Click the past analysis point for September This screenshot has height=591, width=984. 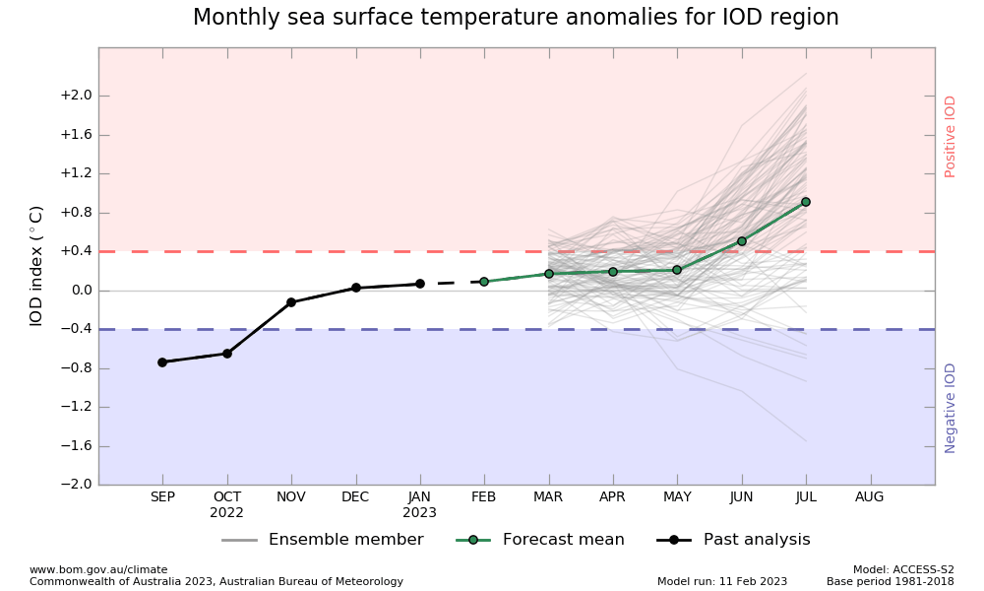pos(162,362)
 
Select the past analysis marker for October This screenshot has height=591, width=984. pos(227,354)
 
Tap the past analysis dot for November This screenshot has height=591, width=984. pos(291,302)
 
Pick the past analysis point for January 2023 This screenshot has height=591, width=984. pos(420,284)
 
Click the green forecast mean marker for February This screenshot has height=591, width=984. pos(484,282)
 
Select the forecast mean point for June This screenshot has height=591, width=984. pos(742,241)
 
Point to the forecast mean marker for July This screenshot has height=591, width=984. pos(806,202)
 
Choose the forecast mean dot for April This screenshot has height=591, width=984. pos(613,272)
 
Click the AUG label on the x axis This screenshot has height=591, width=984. pos(870,497)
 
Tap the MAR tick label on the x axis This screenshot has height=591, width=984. pos(548,497)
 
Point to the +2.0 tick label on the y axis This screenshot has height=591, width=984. pos(76,96)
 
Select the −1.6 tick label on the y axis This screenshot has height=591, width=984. pos(76,446)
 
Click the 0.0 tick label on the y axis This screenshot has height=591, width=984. pos(81,291)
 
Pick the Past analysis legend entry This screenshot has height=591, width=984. pos(757,540)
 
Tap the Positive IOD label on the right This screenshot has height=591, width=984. pos(951,136)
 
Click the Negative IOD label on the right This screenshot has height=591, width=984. pos(951,408)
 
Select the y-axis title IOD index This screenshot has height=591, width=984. pos(36,266)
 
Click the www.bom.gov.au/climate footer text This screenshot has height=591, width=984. pos(98,569)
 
